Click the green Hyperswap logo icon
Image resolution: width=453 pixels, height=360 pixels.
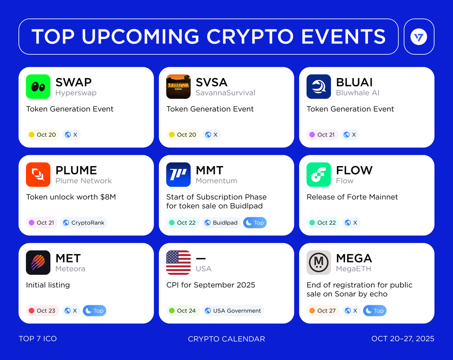pyautogui.click(x=38, y=86)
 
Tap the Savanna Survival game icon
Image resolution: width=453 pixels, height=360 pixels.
pyautogui.click(x=179, y=86)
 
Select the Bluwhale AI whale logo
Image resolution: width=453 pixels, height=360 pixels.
pyautogui.click(x=319, y=86)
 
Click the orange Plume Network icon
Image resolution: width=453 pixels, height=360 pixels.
pyautogui.click(x=38, y=174)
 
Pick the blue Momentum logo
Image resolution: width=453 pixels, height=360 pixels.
pyautogui.click(x=179, y=174)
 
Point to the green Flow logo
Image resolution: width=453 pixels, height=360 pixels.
pyautogui.click(x=319, y=174)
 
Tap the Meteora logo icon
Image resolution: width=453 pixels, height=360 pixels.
pyautogui.click(x=38, y=262)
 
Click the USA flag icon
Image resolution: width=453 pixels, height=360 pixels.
pyautogui.click(x=179, y=262)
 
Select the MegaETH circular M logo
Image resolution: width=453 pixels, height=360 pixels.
pyautogui.click(x=319, y=262)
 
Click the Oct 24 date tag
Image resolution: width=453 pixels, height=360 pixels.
pyautogui.click(x=183, y=311)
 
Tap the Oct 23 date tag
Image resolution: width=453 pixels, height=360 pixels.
pyautogui.click(x=42, y=311)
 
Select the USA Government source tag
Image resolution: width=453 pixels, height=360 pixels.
pyautogui.click(x=233, y=311)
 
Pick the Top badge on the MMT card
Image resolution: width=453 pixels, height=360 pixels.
pyautogui.click(x=255, y=223)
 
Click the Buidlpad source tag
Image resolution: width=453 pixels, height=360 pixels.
pyautogui.click(x=221, y=223)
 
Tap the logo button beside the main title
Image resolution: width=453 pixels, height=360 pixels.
pyautogui.click(x=419, y=37)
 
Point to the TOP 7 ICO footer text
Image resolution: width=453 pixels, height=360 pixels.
pyautogui.click(x=38, y=338)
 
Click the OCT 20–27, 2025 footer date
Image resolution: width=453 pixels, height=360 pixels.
pyautogui.click(x=403, y=338)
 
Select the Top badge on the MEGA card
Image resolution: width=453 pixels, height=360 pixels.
pyautogui.click(x=374, y=311)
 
